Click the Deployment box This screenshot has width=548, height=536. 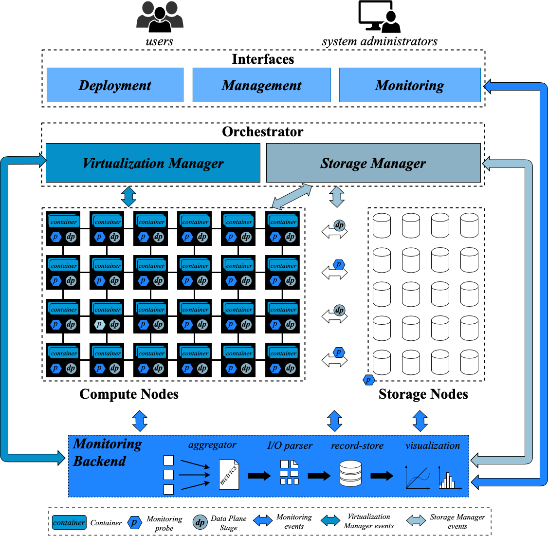[115, 85]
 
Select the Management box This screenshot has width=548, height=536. [261, 85]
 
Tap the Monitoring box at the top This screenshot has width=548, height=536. [409, 85]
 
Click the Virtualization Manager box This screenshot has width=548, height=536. [153, 163]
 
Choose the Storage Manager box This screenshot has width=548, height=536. [373, 163]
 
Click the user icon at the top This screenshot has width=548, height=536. [160, 18]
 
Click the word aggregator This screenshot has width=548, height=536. [212, 445]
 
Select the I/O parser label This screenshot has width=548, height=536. [290, 445]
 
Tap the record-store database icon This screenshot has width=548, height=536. [350, 474]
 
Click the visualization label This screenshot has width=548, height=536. [433, 445]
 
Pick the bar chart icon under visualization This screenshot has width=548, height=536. [447, 479]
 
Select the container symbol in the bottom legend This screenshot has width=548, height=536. [69, 523]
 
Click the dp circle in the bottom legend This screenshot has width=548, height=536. [200, 523]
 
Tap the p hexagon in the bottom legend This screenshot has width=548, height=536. [134, 523]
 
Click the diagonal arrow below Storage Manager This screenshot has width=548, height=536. [292, 196]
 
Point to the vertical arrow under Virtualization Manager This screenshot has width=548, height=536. [128, 196]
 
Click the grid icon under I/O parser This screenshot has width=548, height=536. [289, 472]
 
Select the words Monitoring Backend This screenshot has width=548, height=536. [107, 452]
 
